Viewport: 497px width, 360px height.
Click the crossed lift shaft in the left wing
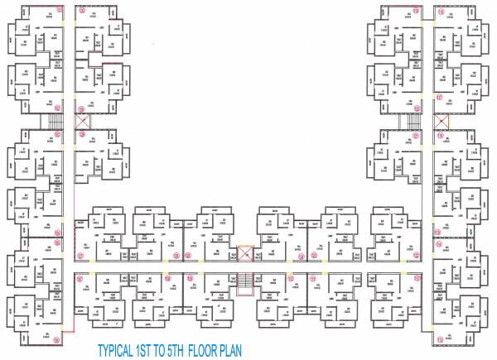coord(81,121)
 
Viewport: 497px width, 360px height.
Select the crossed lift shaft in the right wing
coord(440,121)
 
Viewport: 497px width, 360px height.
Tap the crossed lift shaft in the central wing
coord(245,253)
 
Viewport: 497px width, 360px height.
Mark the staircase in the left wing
coord(55,122)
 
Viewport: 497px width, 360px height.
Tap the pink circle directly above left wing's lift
coord(81,108)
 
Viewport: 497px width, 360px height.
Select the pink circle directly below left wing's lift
coord(81,134)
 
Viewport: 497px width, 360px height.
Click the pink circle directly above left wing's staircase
coord(57,108)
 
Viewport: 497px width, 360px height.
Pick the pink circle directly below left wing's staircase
coord(57,135)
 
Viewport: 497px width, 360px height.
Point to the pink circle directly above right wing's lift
coord(440,108)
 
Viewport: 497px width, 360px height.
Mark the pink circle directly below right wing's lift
coord(440,134)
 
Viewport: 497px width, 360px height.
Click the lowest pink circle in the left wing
coord(57,339)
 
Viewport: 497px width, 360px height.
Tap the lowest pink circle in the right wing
coord(439,339)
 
